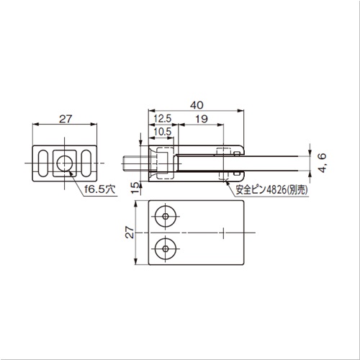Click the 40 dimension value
pos(197,105)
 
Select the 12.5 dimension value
pos(163,119)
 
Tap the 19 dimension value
pos(202,119)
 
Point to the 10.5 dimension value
pos(163,132)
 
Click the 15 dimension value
pos(136,187)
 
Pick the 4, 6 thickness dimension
pos(323,163)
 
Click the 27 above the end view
pos(66,119)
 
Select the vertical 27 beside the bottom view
pos(130,232)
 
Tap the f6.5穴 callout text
pos(100,189)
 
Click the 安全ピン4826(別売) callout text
pos(271,190)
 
